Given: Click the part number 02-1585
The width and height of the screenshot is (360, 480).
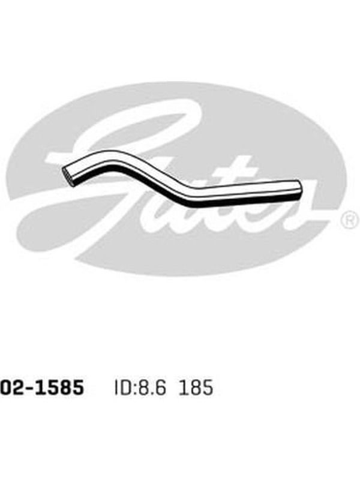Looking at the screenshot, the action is (42, 387).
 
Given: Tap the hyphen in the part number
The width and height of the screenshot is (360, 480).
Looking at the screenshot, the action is (29, 388).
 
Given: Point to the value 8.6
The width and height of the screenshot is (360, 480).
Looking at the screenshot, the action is (153, 388).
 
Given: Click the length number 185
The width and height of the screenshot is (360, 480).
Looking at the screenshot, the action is (196, 388).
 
